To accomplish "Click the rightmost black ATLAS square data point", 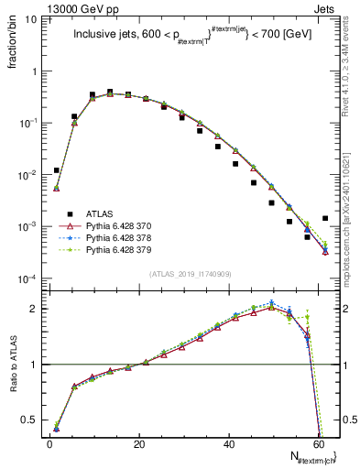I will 325,218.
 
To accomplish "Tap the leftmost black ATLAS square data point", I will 56,170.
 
